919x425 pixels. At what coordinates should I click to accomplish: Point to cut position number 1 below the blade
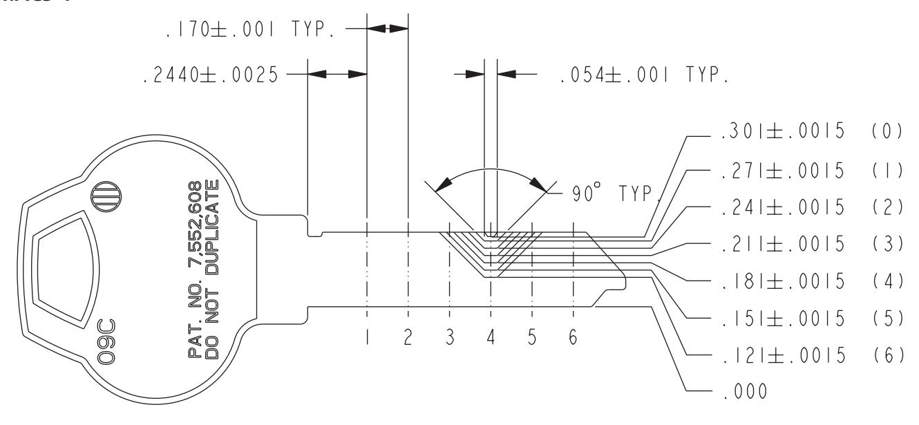[x=367, y=337]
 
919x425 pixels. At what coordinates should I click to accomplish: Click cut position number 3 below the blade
[x=449, y=337]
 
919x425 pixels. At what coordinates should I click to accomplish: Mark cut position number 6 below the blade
[x=573, y=337]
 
